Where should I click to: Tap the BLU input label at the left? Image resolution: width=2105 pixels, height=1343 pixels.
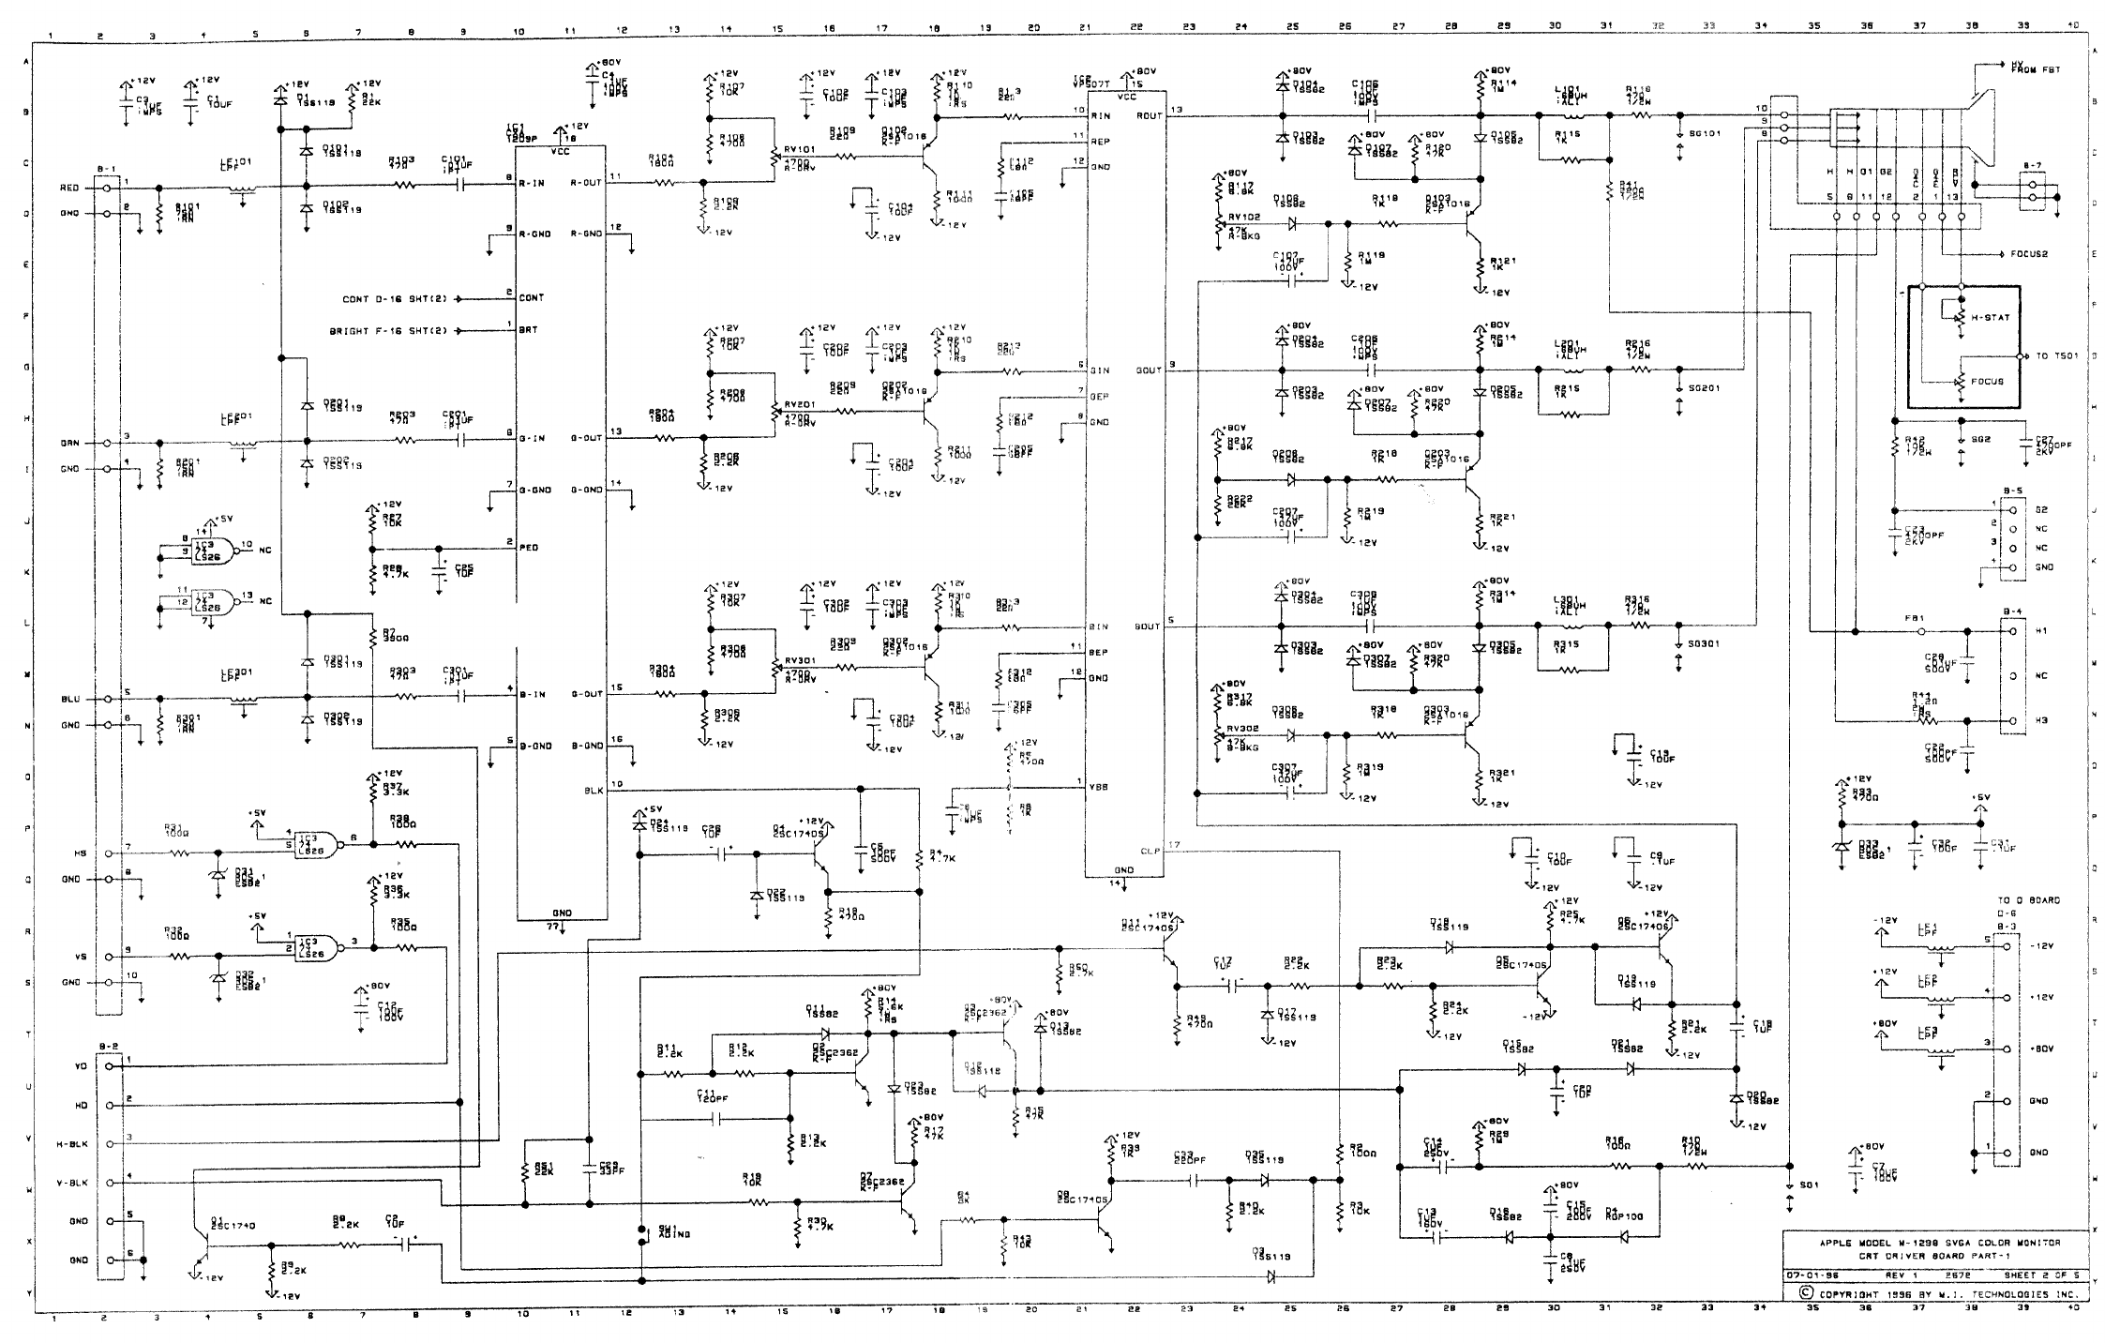(x=70, y=700)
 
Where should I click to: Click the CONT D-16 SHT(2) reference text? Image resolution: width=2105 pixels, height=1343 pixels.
(x=396, y=298)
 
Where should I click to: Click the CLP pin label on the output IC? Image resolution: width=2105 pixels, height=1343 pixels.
(x=1150, y=852)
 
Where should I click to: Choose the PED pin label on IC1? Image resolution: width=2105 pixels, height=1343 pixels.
(x=529, y=547)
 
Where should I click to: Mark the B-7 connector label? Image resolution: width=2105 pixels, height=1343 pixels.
(x=2031, y=165)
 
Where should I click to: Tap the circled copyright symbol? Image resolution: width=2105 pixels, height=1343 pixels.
(x=1803, y=1293)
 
